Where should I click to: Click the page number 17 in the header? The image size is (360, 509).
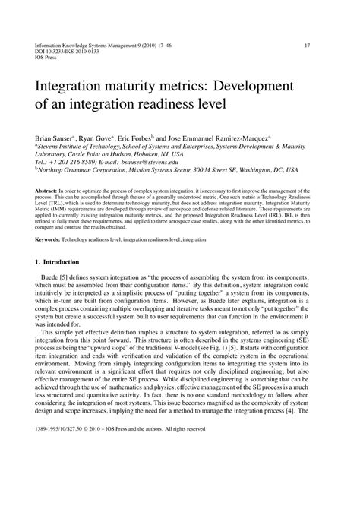(x=308, y=45)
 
